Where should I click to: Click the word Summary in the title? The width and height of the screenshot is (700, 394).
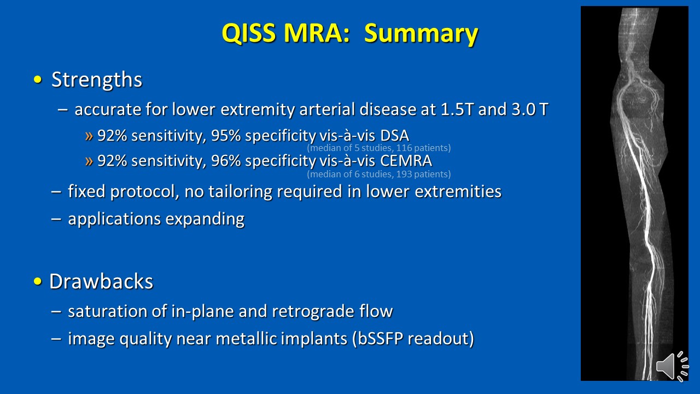click(x=421, y=34)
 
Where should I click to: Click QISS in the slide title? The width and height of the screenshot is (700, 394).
click(x=249, y=33)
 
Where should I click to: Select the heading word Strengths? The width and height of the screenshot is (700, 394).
click(x=97, y=80)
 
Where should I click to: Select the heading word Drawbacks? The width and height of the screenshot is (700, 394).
click(x=101, y=281)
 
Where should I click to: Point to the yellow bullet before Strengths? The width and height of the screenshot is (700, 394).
click(x=38, y=80)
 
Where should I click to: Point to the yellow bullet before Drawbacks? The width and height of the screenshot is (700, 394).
click(x=38, y=281)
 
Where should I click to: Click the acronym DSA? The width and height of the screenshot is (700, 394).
click(x=395, y=136)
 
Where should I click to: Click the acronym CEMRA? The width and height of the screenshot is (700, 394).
click(x=406, y=161)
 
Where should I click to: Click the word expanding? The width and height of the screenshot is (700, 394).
click(x=205, y=219)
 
